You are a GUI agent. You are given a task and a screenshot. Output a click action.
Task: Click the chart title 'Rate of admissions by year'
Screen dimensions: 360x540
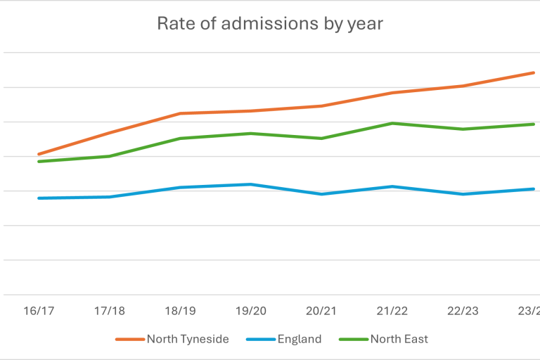click(270, 23)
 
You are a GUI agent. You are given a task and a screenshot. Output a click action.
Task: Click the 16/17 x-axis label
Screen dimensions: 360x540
click(39, 310)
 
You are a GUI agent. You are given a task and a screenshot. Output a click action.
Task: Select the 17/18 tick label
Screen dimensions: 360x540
click(110, 310)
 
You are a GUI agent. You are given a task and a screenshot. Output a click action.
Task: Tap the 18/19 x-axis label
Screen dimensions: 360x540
click(180, 310)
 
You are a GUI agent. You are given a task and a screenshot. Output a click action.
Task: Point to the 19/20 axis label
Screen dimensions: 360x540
click(250, 310)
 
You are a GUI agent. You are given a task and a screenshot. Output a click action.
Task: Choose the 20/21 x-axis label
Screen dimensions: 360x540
click(321, 310)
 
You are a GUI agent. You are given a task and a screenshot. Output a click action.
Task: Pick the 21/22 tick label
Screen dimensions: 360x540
click(392, 310)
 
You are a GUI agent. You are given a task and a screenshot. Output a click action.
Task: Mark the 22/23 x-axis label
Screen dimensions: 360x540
click(463, 310)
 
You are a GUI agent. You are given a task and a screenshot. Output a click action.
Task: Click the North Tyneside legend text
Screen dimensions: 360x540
click(188, 339)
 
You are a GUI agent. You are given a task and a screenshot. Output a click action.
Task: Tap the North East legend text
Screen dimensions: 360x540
click(399, 339)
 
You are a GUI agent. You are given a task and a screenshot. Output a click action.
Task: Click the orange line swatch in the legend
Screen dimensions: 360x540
click(129, 340)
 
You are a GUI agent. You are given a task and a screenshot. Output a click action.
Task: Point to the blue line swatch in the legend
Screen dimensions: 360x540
click(259, 340)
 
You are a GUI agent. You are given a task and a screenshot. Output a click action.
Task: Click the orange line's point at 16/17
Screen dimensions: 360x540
click(39, 154)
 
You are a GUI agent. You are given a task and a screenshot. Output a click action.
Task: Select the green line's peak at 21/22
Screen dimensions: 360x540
click(392, 124)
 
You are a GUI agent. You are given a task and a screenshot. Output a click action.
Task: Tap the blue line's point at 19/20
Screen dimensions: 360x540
click(250, 184)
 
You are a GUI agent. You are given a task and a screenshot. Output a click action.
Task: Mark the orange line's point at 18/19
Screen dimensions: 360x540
click(180, 113)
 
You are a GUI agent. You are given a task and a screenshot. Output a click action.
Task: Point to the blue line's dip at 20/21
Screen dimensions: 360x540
click(321, 194)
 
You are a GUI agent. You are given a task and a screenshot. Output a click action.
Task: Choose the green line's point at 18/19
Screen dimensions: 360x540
click(180, 139)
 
